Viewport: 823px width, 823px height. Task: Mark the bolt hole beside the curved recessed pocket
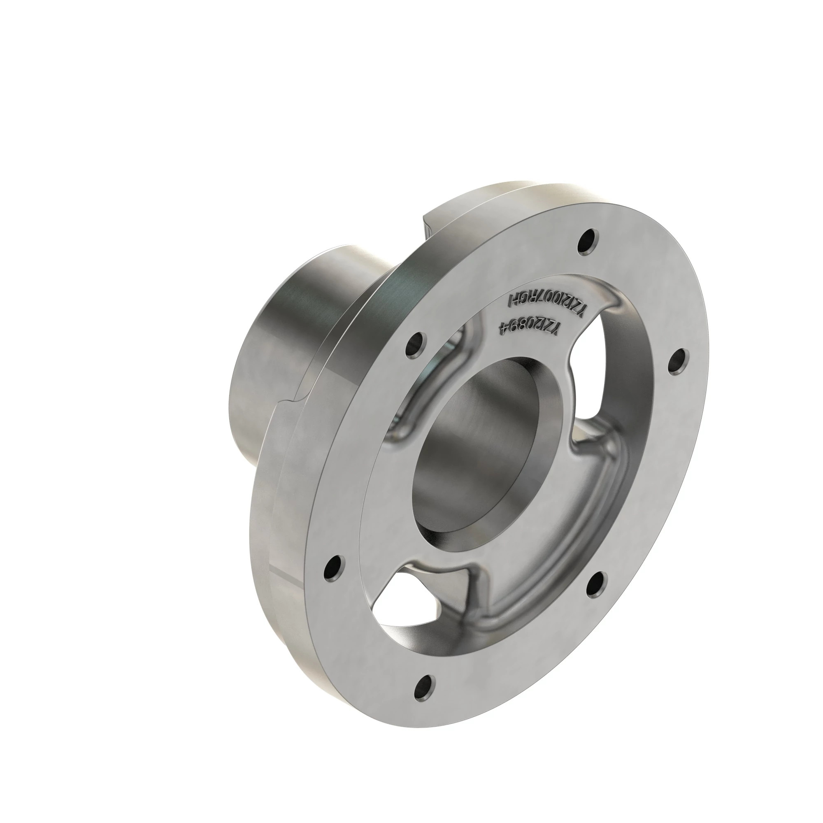click(415, 342)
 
